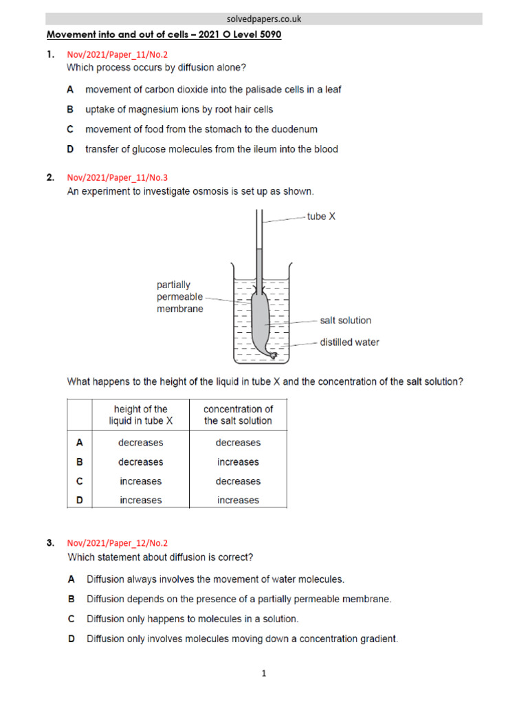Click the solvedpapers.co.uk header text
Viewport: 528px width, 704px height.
[264, 19]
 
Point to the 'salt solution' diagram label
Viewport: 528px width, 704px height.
[345, 320]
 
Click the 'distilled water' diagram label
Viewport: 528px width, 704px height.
[349, 342]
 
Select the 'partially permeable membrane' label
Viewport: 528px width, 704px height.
[180, 296]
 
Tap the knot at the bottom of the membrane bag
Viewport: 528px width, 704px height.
[272, 355]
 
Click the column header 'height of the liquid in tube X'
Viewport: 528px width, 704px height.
[140, 415]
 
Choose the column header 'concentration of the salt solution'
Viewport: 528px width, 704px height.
[238, 415]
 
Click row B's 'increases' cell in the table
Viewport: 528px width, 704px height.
[238, 462]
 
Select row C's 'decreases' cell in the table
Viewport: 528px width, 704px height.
[238, 481]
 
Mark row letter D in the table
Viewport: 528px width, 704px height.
[79, 500]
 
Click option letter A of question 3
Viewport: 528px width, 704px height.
[71, 580]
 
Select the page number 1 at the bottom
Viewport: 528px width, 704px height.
[263, 674]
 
